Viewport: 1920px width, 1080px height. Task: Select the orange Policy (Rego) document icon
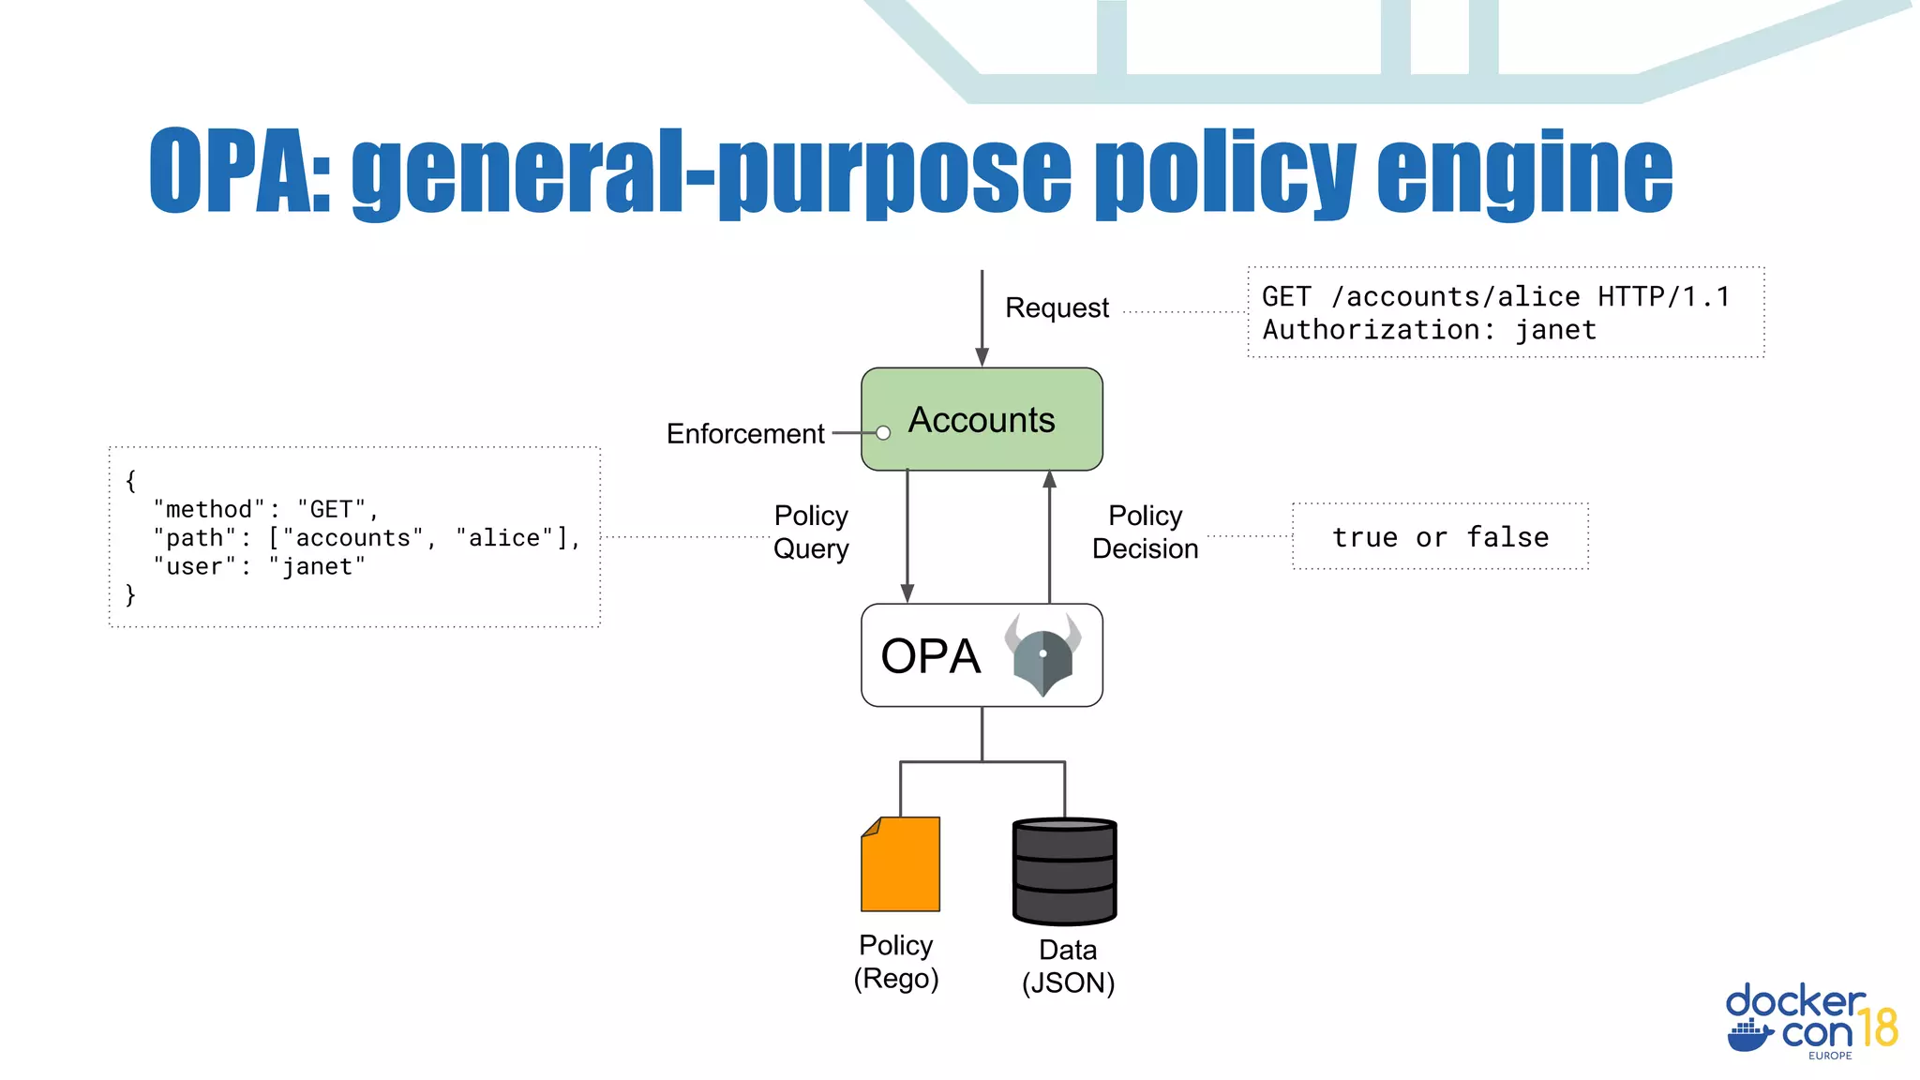(x=900, y=864)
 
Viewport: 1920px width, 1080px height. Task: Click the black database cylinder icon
(x=1064, y=871)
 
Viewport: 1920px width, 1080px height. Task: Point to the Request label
(x=1057, y=307)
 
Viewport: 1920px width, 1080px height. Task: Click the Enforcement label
(x=745, y=433)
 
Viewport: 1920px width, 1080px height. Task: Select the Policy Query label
(x=811, y=532)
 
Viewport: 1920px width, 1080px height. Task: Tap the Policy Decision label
(x=1145, y=532)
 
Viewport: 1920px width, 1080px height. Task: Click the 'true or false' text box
(x=1440, y=537)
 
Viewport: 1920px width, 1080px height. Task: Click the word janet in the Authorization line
(x=1556, y=330)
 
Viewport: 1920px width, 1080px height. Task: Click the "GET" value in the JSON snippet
(x=331, y=509)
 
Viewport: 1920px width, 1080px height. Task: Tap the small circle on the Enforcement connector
(x=883, y=433)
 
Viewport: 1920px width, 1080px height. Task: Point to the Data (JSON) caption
(x=1068, y=967)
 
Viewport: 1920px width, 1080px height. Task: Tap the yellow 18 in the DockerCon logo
(x=1878, y=1028)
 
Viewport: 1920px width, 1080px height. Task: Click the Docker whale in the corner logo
(x=1749, y=1036)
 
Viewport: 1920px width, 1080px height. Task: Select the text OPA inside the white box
(x=930, y=656)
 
